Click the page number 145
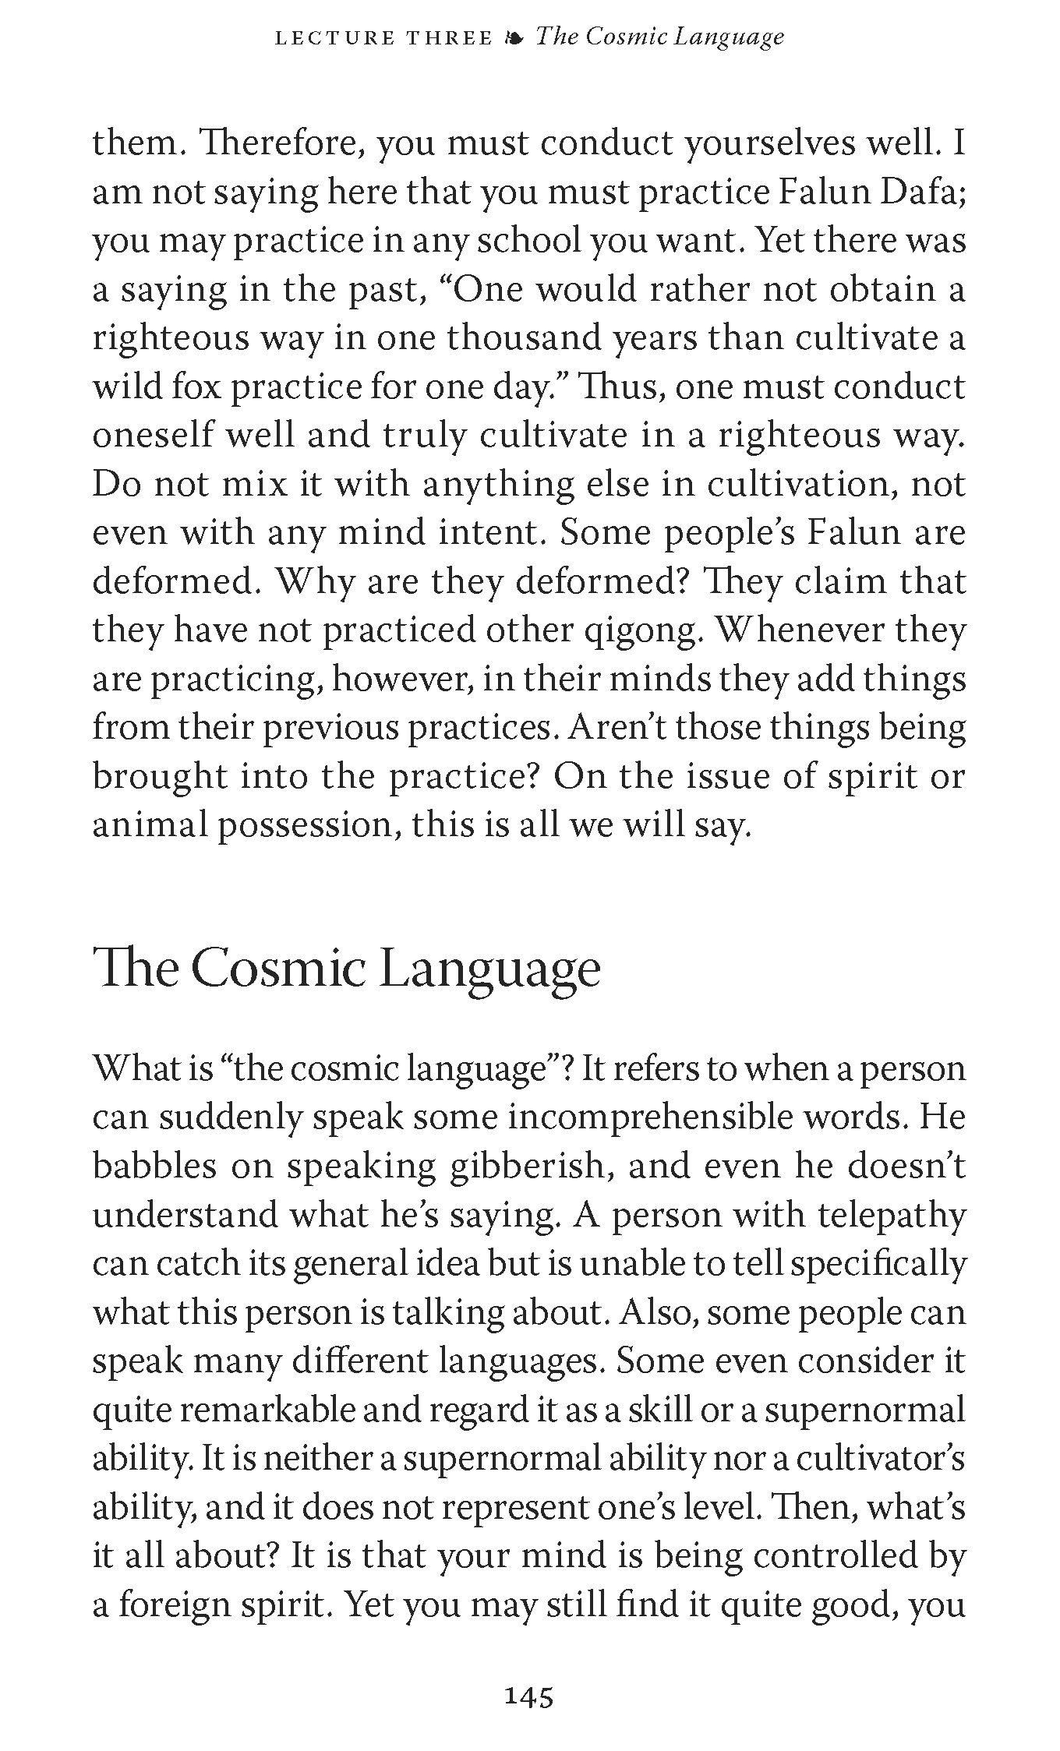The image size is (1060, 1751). [529, 1696]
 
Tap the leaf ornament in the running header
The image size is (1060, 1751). [514, 37]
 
